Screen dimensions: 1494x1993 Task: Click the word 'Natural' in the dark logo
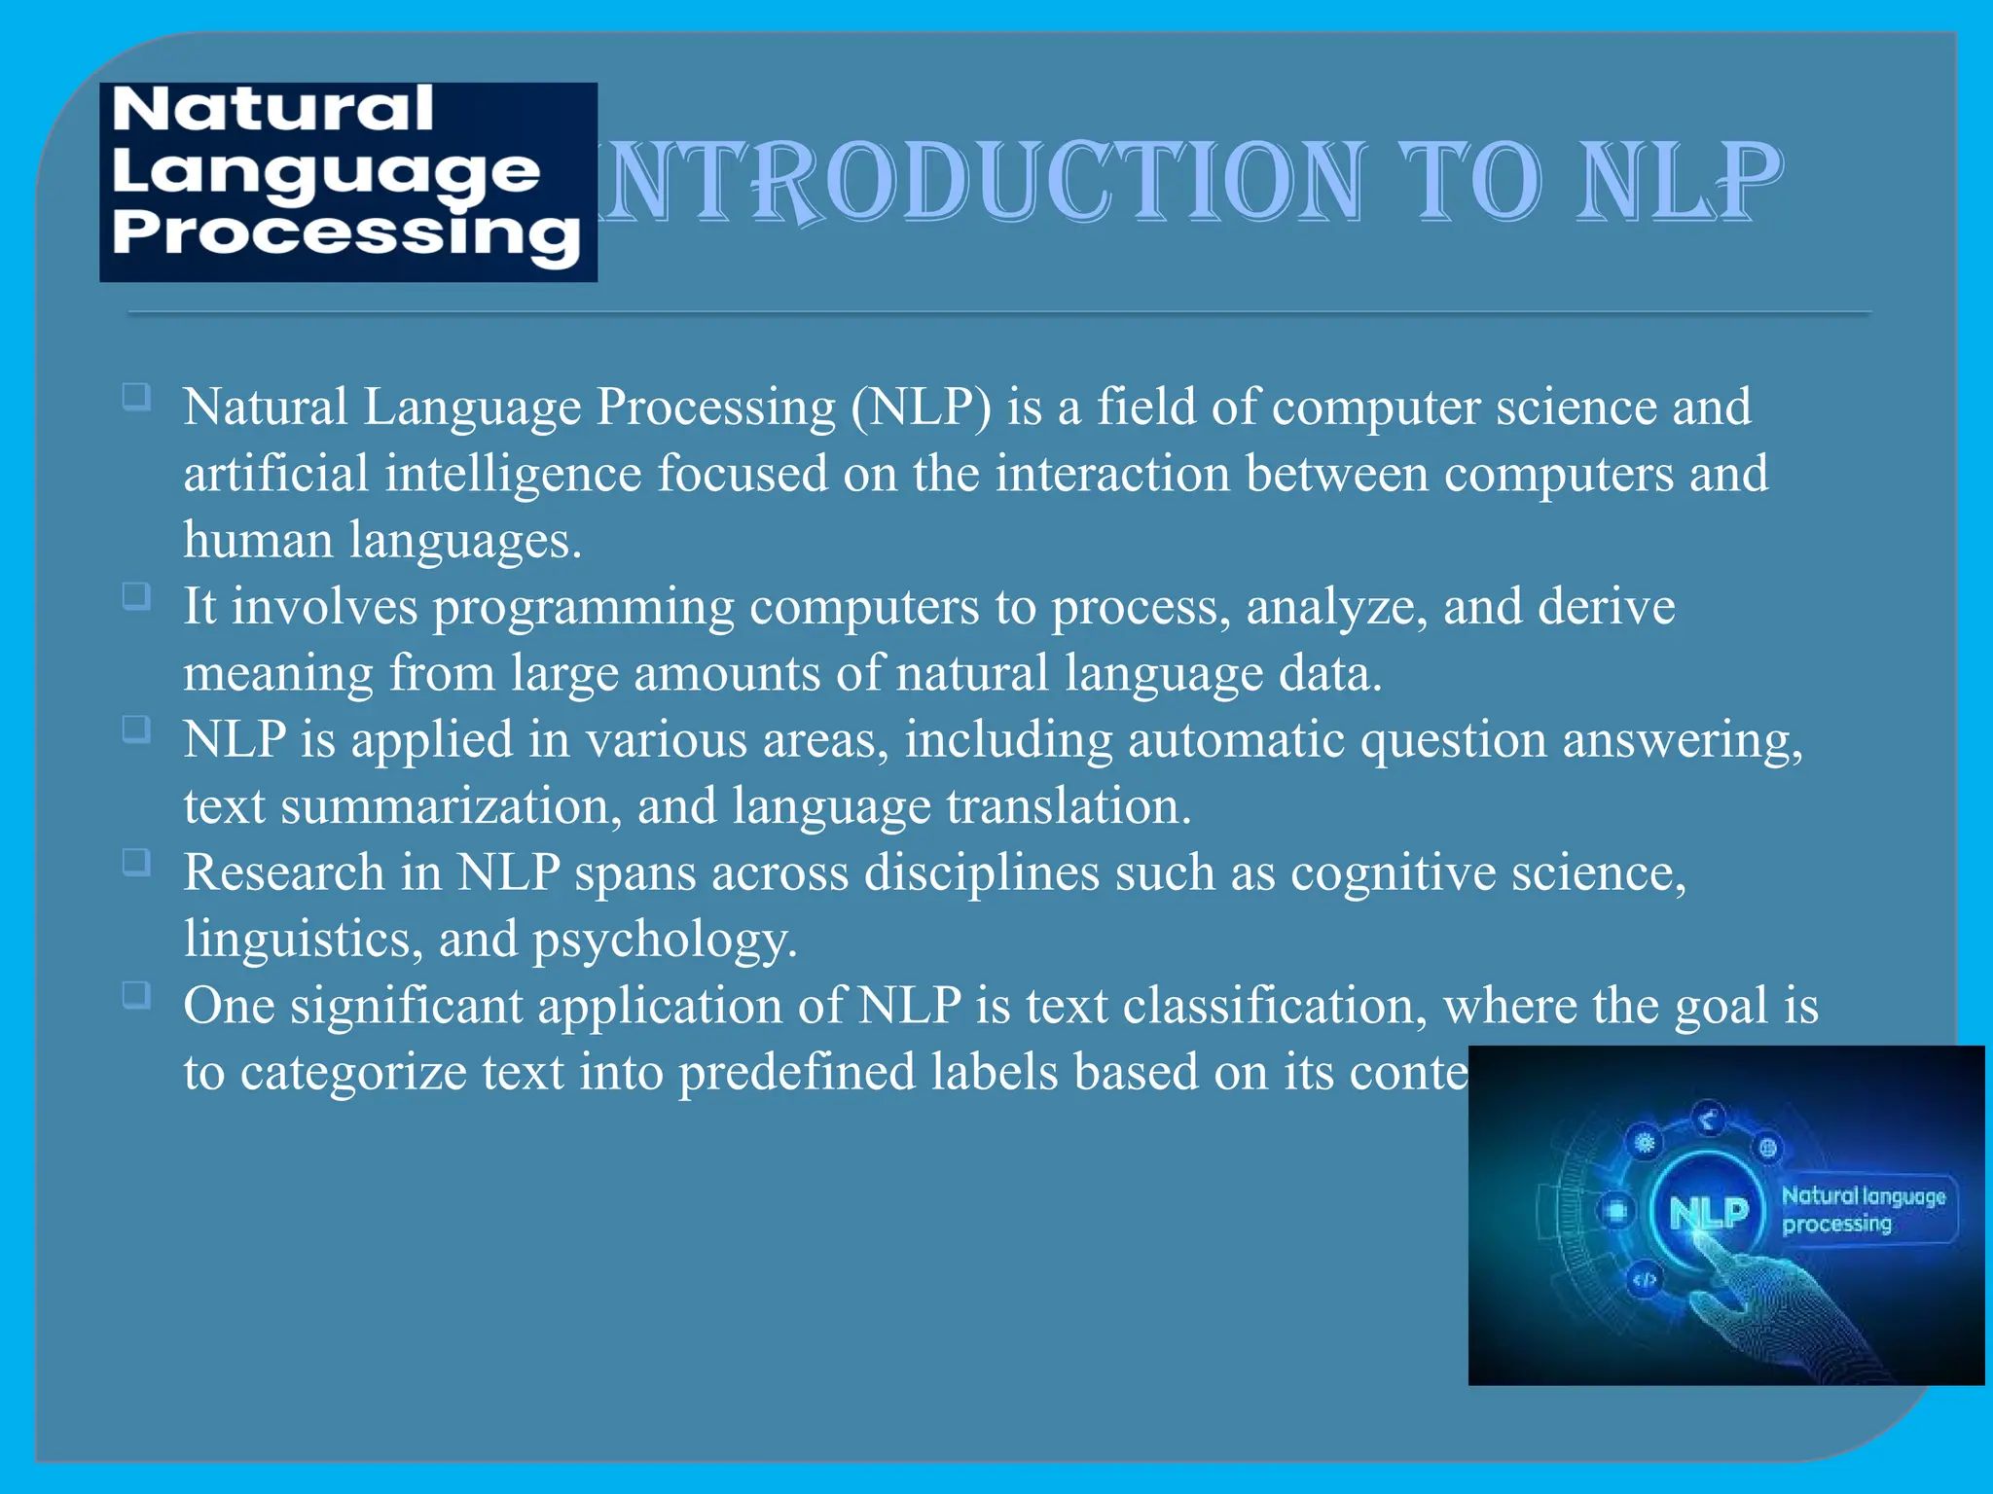(272, 109)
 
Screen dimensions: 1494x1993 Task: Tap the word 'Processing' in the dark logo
(345, 234)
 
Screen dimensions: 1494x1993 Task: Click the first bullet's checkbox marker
(136, 397)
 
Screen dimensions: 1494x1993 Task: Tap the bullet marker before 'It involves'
(136, 595)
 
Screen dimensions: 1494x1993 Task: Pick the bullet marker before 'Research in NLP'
(136, 862)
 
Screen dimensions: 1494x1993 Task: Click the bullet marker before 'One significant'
(136, 995)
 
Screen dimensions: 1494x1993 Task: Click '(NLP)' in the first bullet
(921, 407)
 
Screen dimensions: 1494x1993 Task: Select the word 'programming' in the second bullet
(584, 607)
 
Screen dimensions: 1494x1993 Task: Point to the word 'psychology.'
(665, 940)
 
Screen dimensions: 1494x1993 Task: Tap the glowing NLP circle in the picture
(1708, 1212)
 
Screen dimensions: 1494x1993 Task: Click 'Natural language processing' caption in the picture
(1863, 1210)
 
